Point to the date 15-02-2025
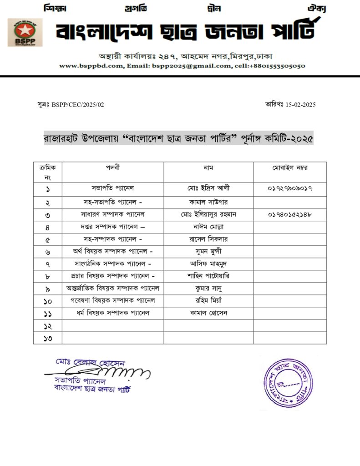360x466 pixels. pos(300,105)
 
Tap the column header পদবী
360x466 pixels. pos(112,167)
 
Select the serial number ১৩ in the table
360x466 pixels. pos(47,338)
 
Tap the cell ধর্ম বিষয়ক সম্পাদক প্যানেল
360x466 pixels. pos(113,313)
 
